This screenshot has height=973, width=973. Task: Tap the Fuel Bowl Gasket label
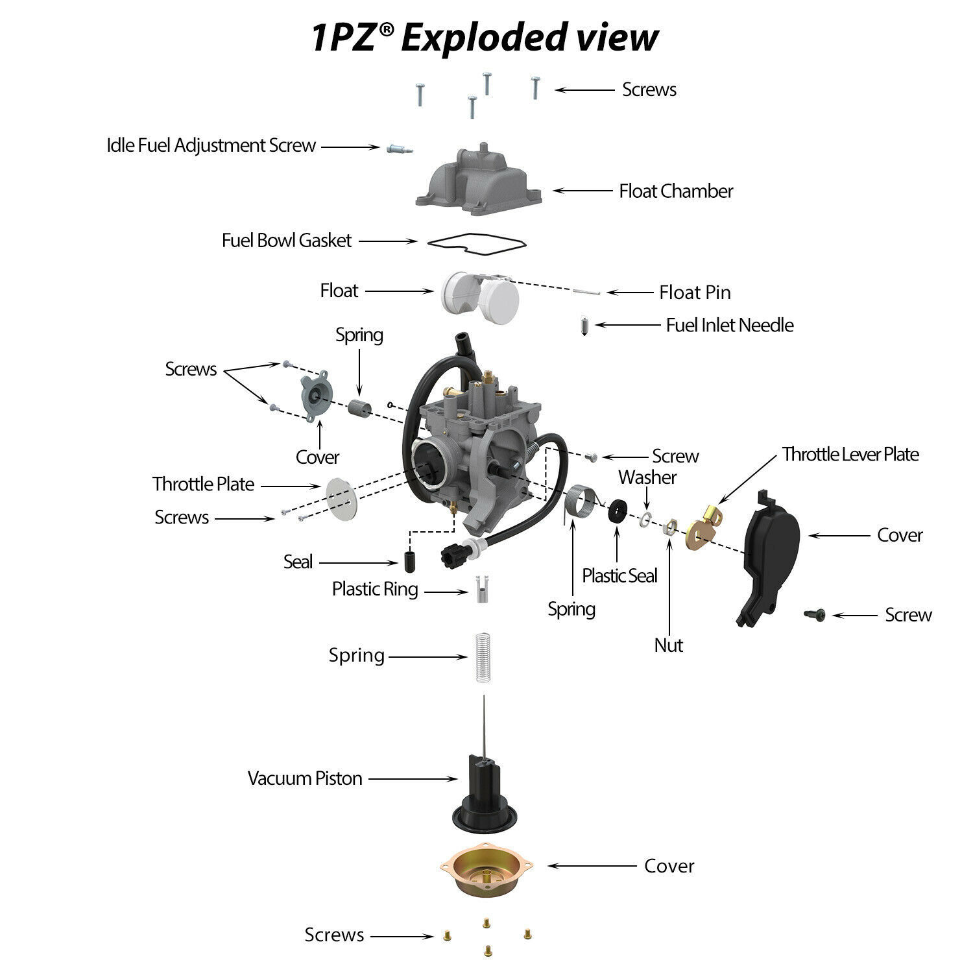click(286, 241)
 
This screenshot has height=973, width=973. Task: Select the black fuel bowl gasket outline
click(477, 242)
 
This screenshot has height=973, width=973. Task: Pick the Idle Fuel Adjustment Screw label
click(211, 145)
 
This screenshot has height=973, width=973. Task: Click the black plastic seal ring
click(617, 511)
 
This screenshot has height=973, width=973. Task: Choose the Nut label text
click(669, 645)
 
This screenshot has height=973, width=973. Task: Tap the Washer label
click(647, 478)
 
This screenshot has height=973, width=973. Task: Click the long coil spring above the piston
click(480, 656)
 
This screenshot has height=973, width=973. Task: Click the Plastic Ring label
click(375, 589)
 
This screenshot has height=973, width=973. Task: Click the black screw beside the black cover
click(815, 615)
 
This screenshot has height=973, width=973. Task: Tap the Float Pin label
click(695, 293)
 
